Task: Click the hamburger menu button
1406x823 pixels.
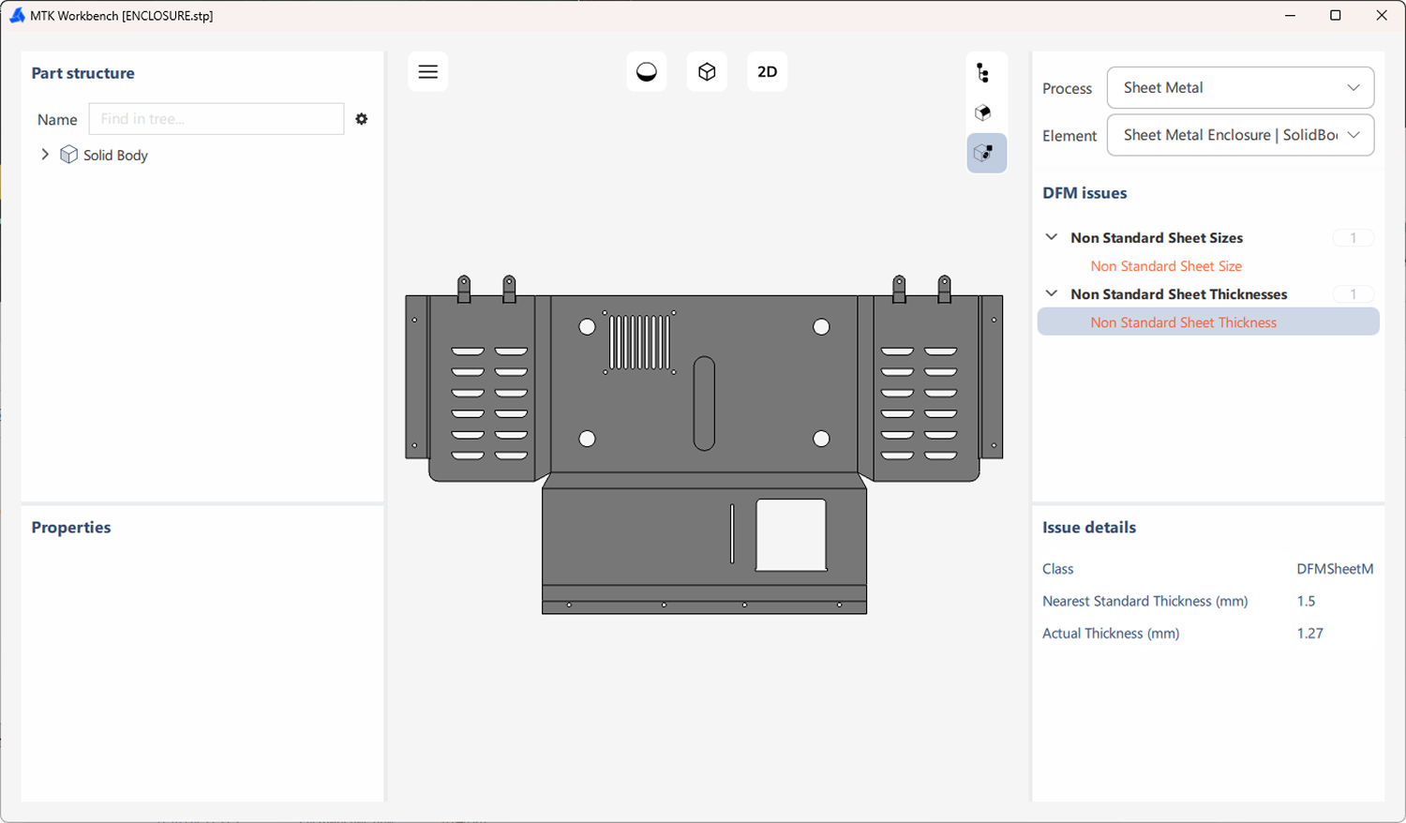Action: click(x=427, y=72)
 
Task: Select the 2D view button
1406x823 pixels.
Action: click(x=767, y=72)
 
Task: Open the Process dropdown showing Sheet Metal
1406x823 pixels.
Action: click(x=1240, y=88)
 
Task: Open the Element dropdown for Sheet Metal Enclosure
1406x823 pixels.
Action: click(x=1240, y=135)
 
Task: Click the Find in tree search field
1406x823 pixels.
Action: click(x=217, y=119)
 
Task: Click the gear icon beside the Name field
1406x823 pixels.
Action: click(x=362, y=119)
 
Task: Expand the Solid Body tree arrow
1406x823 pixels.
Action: click(x=45, y=155)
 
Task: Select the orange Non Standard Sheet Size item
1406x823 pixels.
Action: click(x=1165, y=266)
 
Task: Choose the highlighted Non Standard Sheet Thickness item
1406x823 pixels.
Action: click(x=1183, y=322)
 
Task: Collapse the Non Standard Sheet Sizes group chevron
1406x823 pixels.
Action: click(x=1052, y=238)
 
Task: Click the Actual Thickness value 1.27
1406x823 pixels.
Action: click(x=1309, y=634)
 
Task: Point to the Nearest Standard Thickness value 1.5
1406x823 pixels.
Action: click(x=1306, y=602)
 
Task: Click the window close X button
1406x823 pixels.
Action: click(x=1381, y=16)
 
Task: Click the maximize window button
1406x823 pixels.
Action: click(x=1336, y=16)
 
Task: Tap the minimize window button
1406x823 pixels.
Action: click(x=1291, y=16)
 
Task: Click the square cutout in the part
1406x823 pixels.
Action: click(x=791, y=534)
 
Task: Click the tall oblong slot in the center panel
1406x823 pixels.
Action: click(x=704, y=403)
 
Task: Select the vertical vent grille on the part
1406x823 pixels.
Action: click(x=640, y=342)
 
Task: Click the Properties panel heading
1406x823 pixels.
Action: click(x=71, y=528)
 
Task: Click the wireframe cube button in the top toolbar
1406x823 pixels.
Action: click(x=707, y=72)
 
